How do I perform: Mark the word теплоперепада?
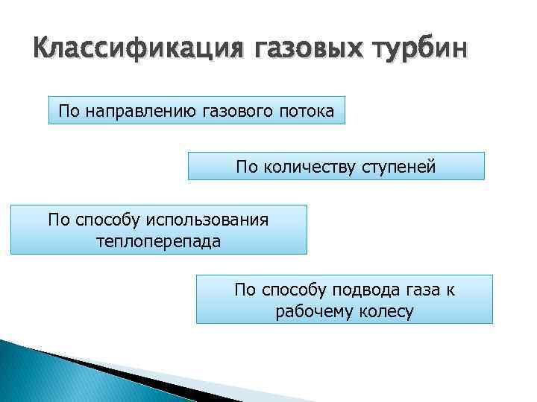click(x=159, y=241)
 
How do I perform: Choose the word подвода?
click(x=365, y=290)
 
